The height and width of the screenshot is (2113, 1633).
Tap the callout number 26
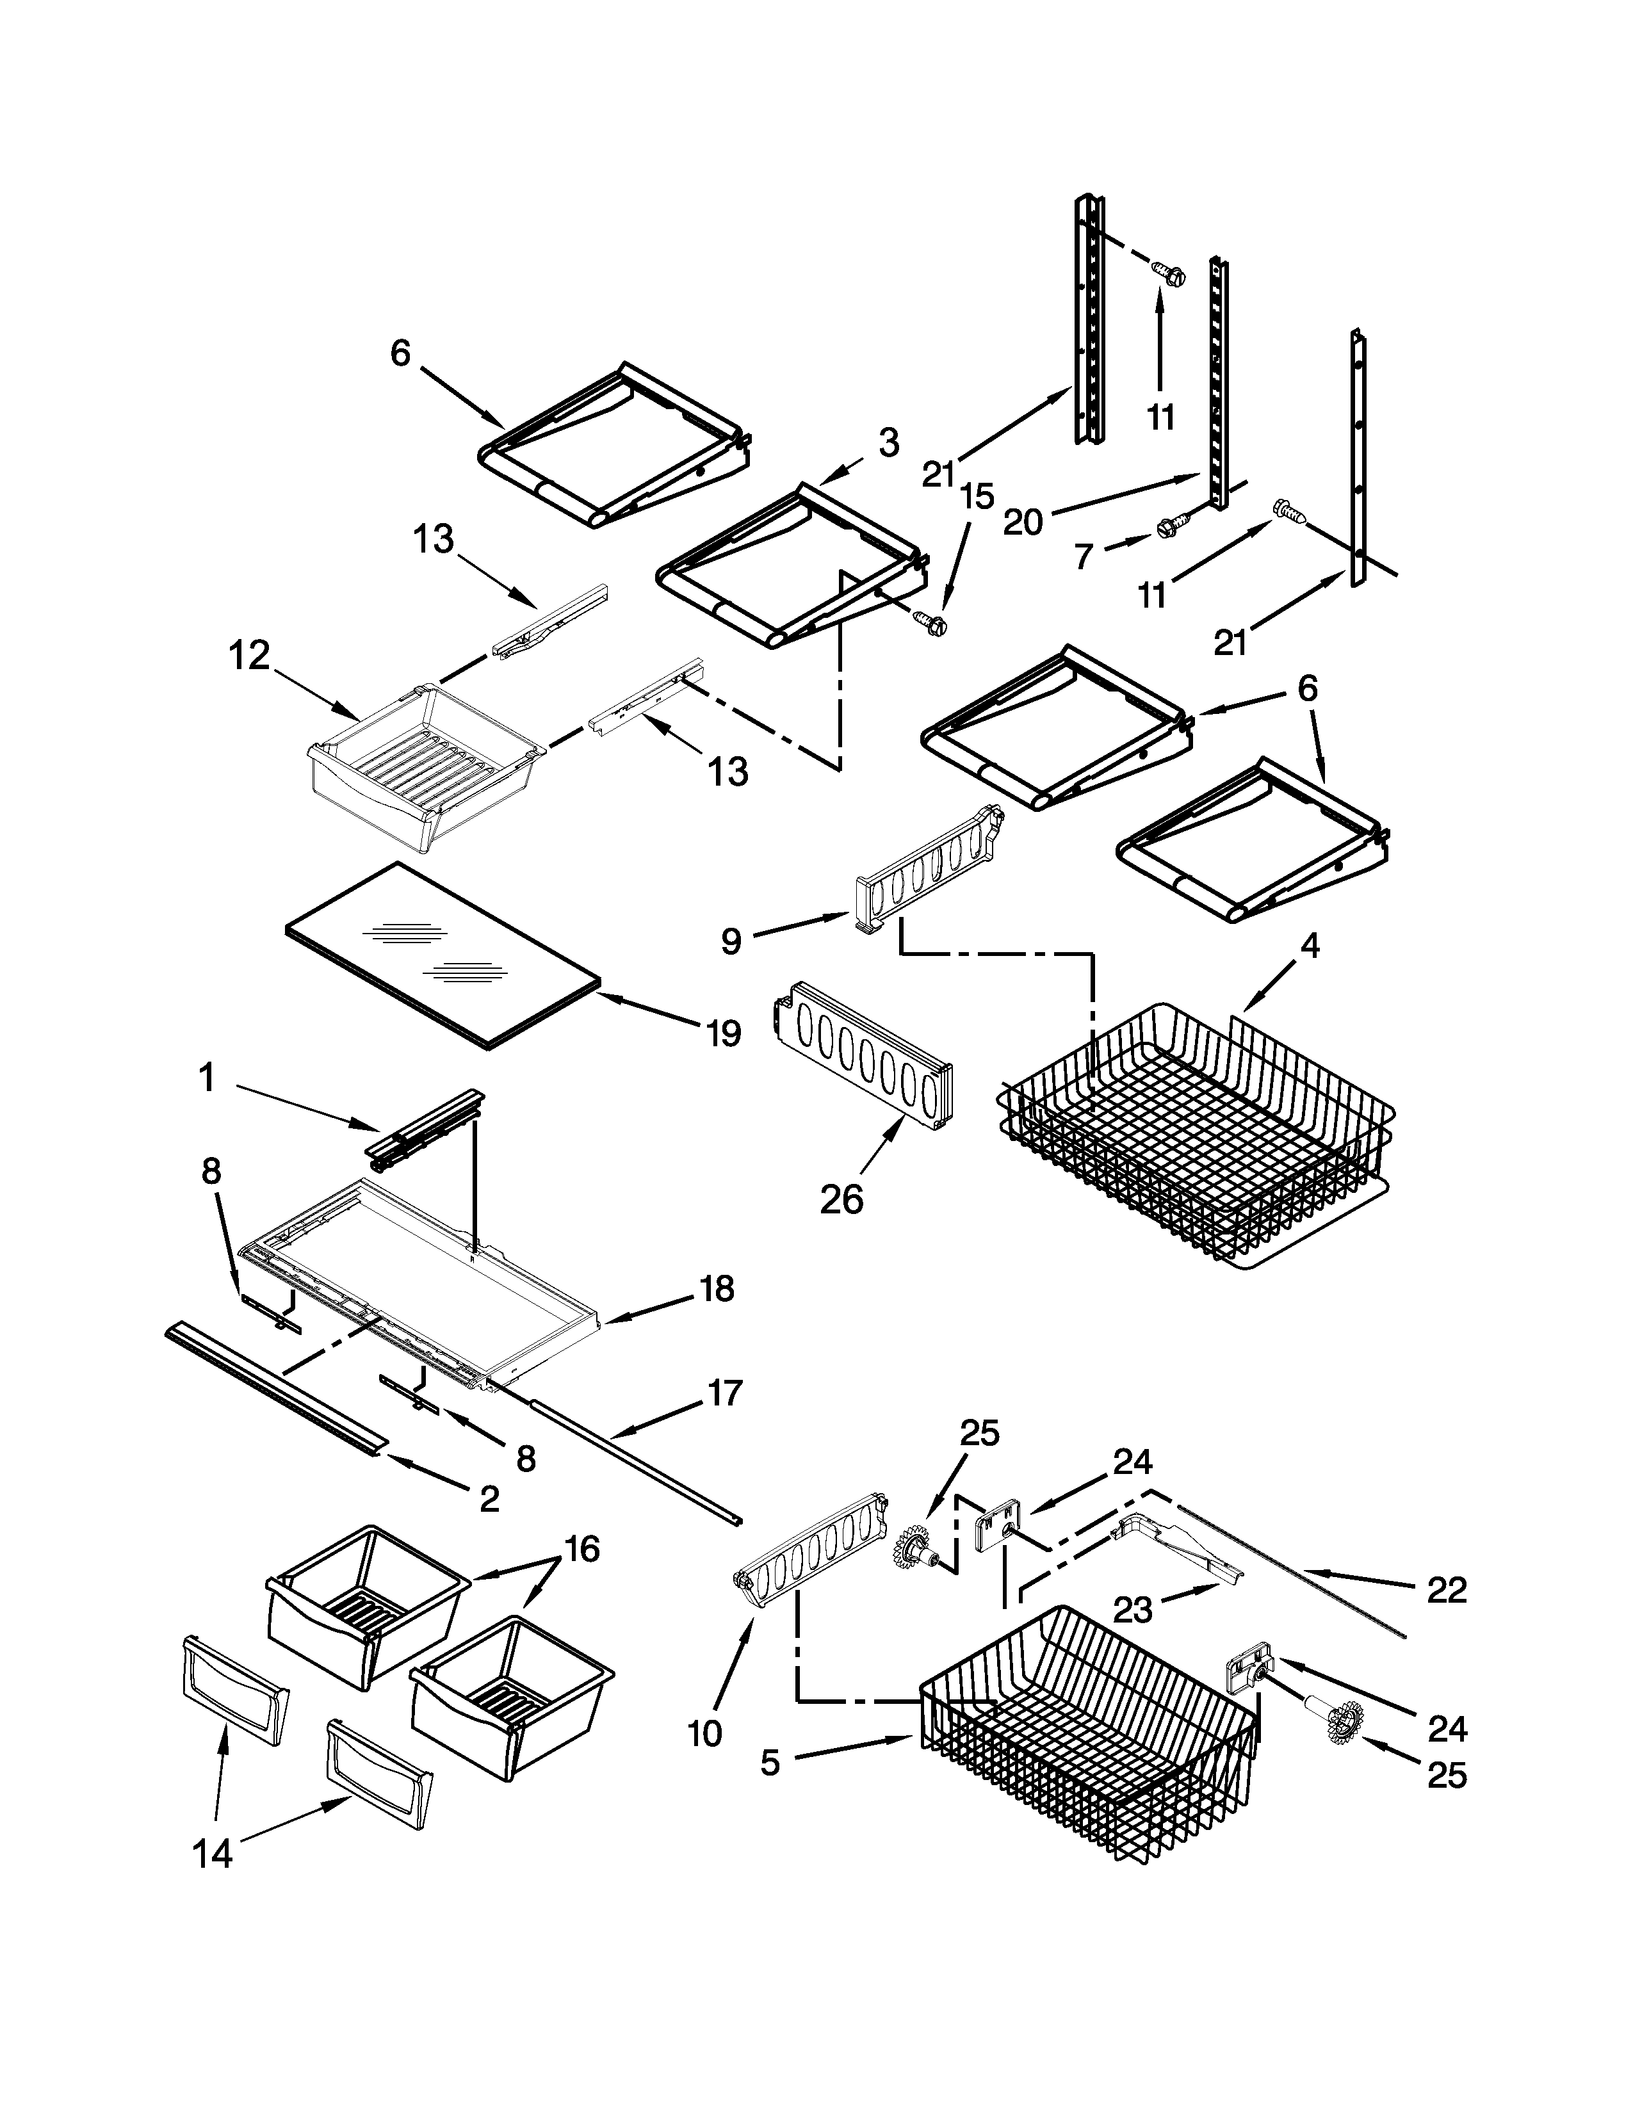click(841, 1200)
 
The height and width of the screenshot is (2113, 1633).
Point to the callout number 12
click(248, 656)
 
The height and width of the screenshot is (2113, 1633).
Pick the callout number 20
click(1023, 522)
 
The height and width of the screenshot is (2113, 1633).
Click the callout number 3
click(889, 443)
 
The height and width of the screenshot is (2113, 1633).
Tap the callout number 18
click(717, 1289)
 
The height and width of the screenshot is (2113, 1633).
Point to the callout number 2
click(489, 1499)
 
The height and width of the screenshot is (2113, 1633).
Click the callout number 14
click(213, 1854)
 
